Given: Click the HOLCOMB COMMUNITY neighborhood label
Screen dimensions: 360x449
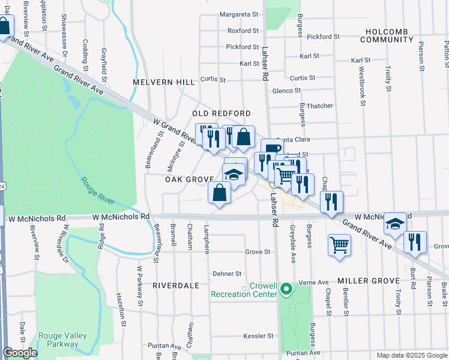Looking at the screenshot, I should pyautogui.click(x=387, y=35).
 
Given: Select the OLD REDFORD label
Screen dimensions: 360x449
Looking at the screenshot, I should pyautogui.click(x=221, y=113).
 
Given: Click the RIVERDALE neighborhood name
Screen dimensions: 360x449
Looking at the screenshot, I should pyautogui.click(x=175, y=286).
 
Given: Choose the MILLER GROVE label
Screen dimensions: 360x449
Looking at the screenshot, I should pyautogui.click(x=369, y=281).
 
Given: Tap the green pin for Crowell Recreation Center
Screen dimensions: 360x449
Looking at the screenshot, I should pyautogui.click(x=286, y=289).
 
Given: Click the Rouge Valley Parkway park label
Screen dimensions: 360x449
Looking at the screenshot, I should pyautogui.click(x=62, y=340).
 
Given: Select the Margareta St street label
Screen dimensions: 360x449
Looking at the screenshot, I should pyautogui.click(x=238, y=14).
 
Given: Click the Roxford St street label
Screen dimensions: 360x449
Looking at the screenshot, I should pyautogui.click(x=243, y=31).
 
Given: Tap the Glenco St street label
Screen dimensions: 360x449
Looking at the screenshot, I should pyautogui.click(x=286, y=91).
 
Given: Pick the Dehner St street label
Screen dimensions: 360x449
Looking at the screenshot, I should pyautogui.click(x=226, y=274).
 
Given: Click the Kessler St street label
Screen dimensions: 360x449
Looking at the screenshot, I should pyautogui.click(x=258, y=336).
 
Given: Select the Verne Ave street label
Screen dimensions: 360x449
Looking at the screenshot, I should pyautogui.click(x=315, y=282).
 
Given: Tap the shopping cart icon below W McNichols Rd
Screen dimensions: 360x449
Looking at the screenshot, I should pyautogui.click(x=339, y=245).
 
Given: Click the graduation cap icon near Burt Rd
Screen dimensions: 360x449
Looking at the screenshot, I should pyautogui.click(x=395, y=224).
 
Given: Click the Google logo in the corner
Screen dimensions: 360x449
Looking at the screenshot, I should pyautogui.click(x=20, y=353).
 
